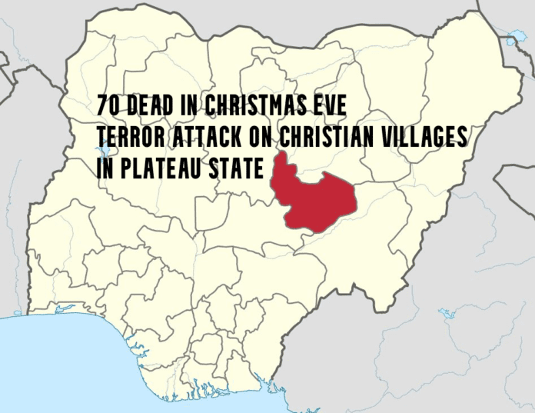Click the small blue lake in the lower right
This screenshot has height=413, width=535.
pos(445,313)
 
